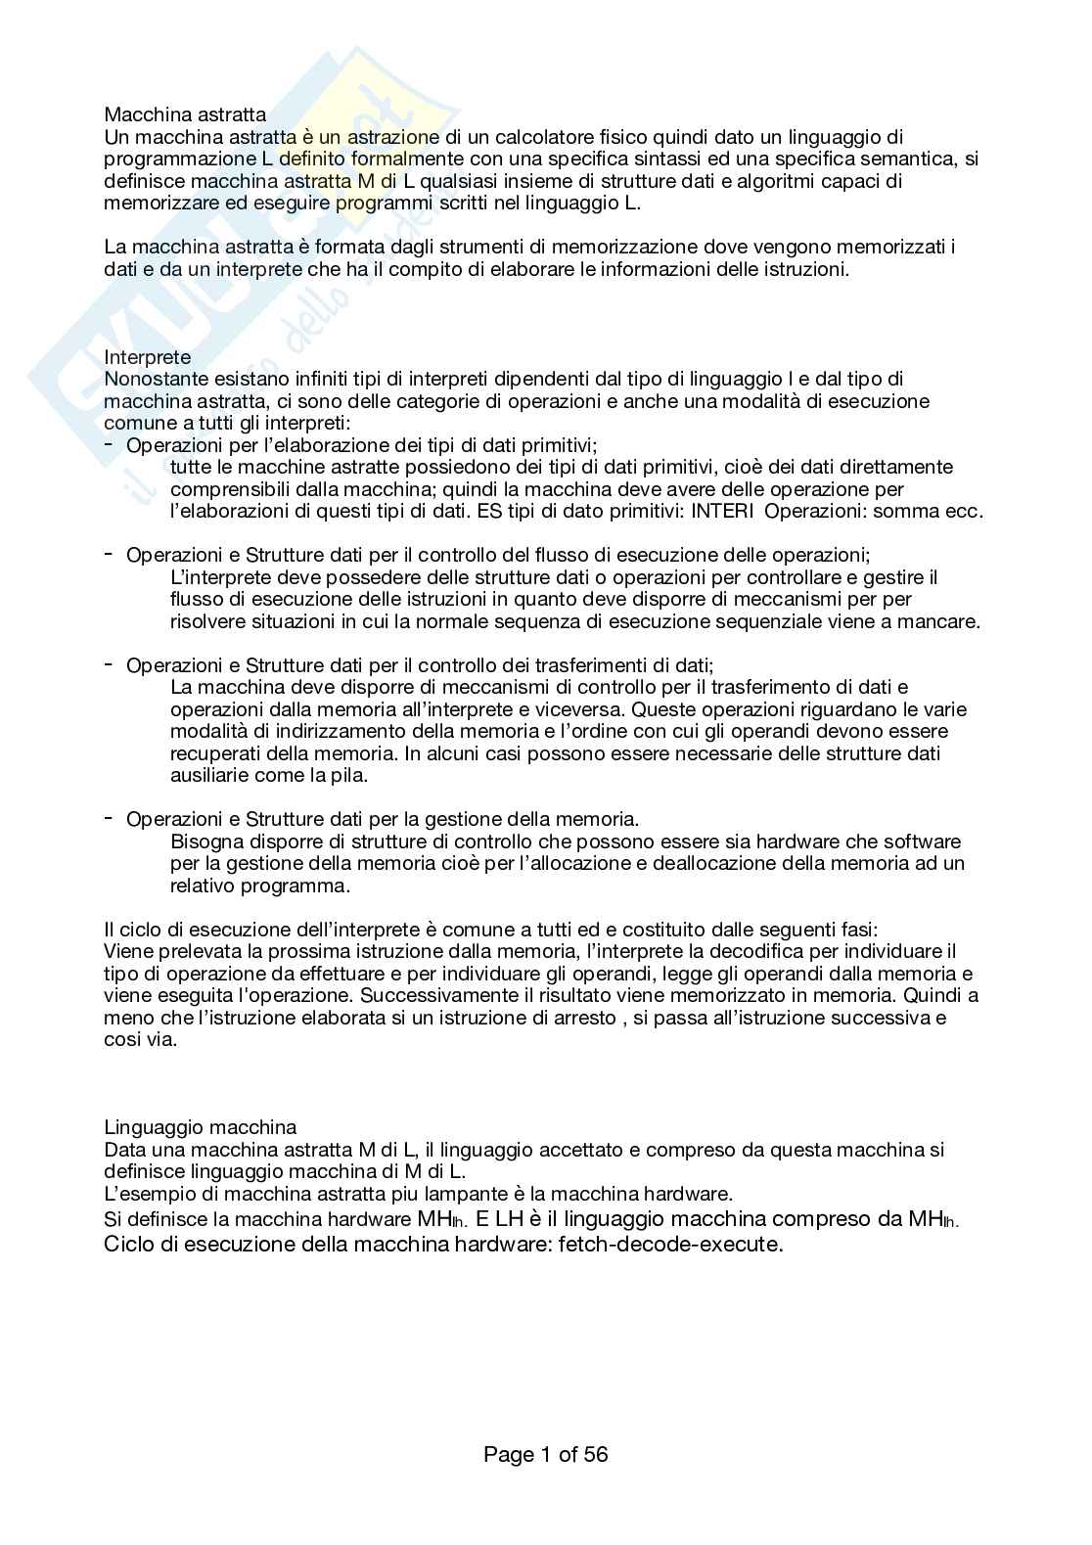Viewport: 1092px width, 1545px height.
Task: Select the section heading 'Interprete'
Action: point(148,357)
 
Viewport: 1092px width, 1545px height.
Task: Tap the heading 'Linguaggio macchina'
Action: point(200,1128)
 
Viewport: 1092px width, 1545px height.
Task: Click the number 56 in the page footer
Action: point(596,1455)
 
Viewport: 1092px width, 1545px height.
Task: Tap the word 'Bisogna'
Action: point(203,841)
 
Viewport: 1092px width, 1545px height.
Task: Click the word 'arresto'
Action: point(579,1018)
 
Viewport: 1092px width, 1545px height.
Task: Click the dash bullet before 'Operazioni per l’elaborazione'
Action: point(109,444)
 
